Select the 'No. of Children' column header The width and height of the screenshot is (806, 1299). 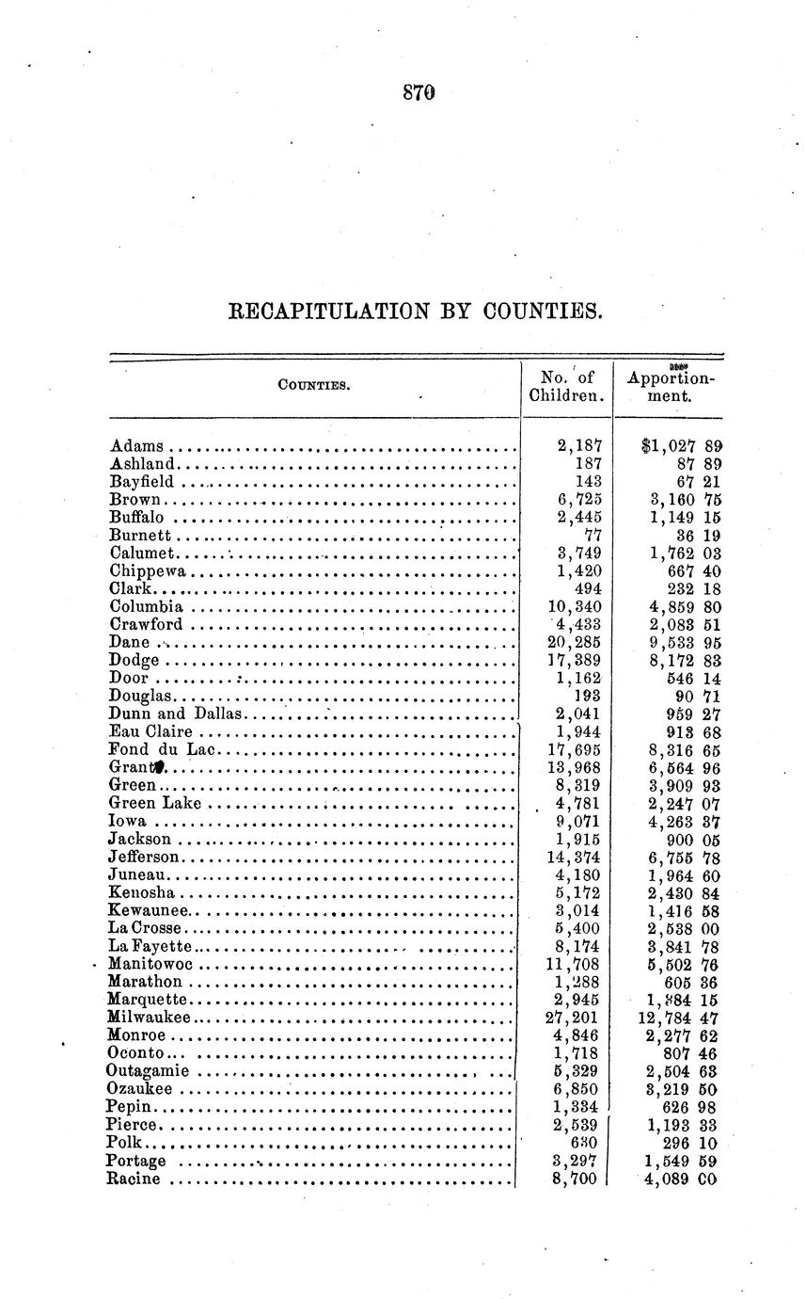pyautogui.click(x=565, y=386)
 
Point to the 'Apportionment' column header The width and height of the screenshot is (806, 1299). pyautogui.click(x=671, y=386)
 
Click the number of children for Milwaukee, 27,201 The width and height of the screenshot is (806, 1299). pyautogui.click(x=577, y=1018)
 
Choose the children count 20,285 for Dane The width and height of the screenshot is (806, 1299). pyautogui.click(x=577, y=642)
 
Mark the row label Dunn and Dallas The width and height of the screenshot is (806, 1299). pyautogui.click(x=176, y=714)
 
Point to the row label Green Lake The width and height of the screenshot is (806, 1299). pyautogui.click(x=155, y=803)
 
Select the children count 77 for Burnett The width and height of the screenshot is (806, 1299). pyautogui.click(x=593, y=535)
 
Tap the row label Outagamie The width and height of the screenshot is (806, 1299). pyautogui.click(x=148, y=1071)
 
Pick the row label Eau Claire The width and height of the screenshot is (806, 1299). pyautogui.click(x=150, y=731)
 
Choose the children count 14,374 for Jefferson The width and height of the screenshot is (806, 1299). pyautogui.click(x=577, y=857)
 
